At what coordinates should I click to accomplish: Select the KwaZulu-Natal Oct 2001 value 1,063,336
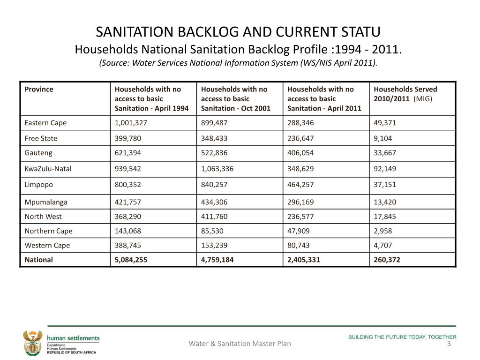(x=218, y=169)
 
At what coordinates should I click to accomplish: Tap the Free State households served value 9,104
(x=383, y=138)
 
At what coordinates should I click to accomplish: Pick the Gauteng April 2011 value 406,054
(x=300, y=153)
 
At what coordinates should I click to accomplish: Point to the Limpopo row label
(x=39, y=185)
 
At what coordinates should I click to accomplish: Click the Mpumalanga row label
(x=46, y=202)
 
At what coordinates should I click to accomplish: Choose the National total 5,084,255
(x=131, y=260)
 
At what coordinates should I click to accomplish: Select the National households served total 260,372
(x=387, y=260)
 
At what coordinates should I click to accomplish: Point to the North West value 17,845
(x=385, y=217)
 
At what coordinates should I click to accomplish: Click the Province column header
(x=39, y=89)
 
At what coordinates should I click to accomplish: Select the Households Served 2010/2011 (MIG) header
(x=405, y=94)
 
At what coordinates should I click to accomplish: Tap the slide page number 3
(x=449, y=344)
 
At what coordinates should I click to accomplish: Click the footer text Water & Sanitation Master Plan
(x=240, y=344)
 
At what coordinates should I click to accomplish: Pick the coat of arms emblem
(x=32, y=344)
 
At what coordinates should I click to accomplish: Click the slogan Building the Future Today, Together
(x=402, y=337)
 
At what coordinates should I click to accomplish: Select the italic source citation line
(x=239, y=63)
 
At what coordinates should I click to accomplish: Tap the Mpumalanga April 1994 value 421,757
(x=128, y=202)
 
